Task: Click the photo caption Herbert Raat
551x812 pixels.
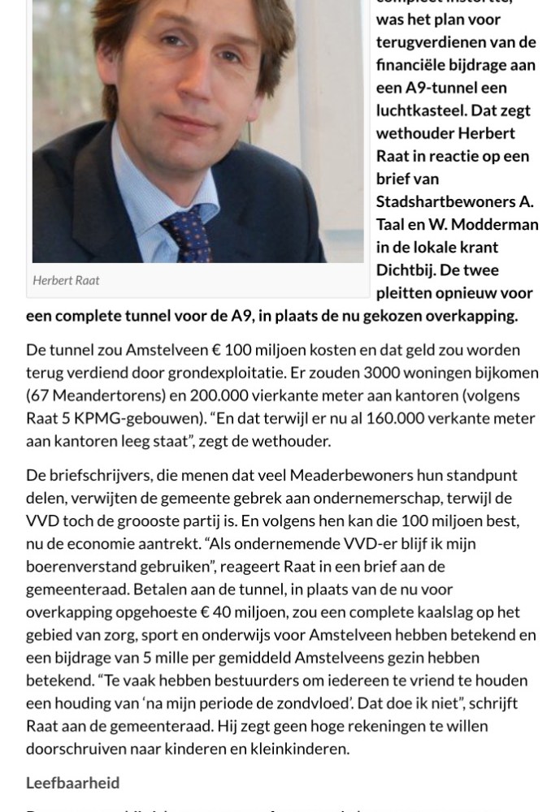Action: tap(66, 280)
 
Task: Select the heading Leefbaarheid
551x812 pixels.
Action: tap(72, 783)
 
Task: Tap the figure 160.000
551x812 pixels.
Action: tap(406, 418)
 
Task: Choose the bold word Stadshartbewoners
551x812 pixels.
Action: tap(445, 201)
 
